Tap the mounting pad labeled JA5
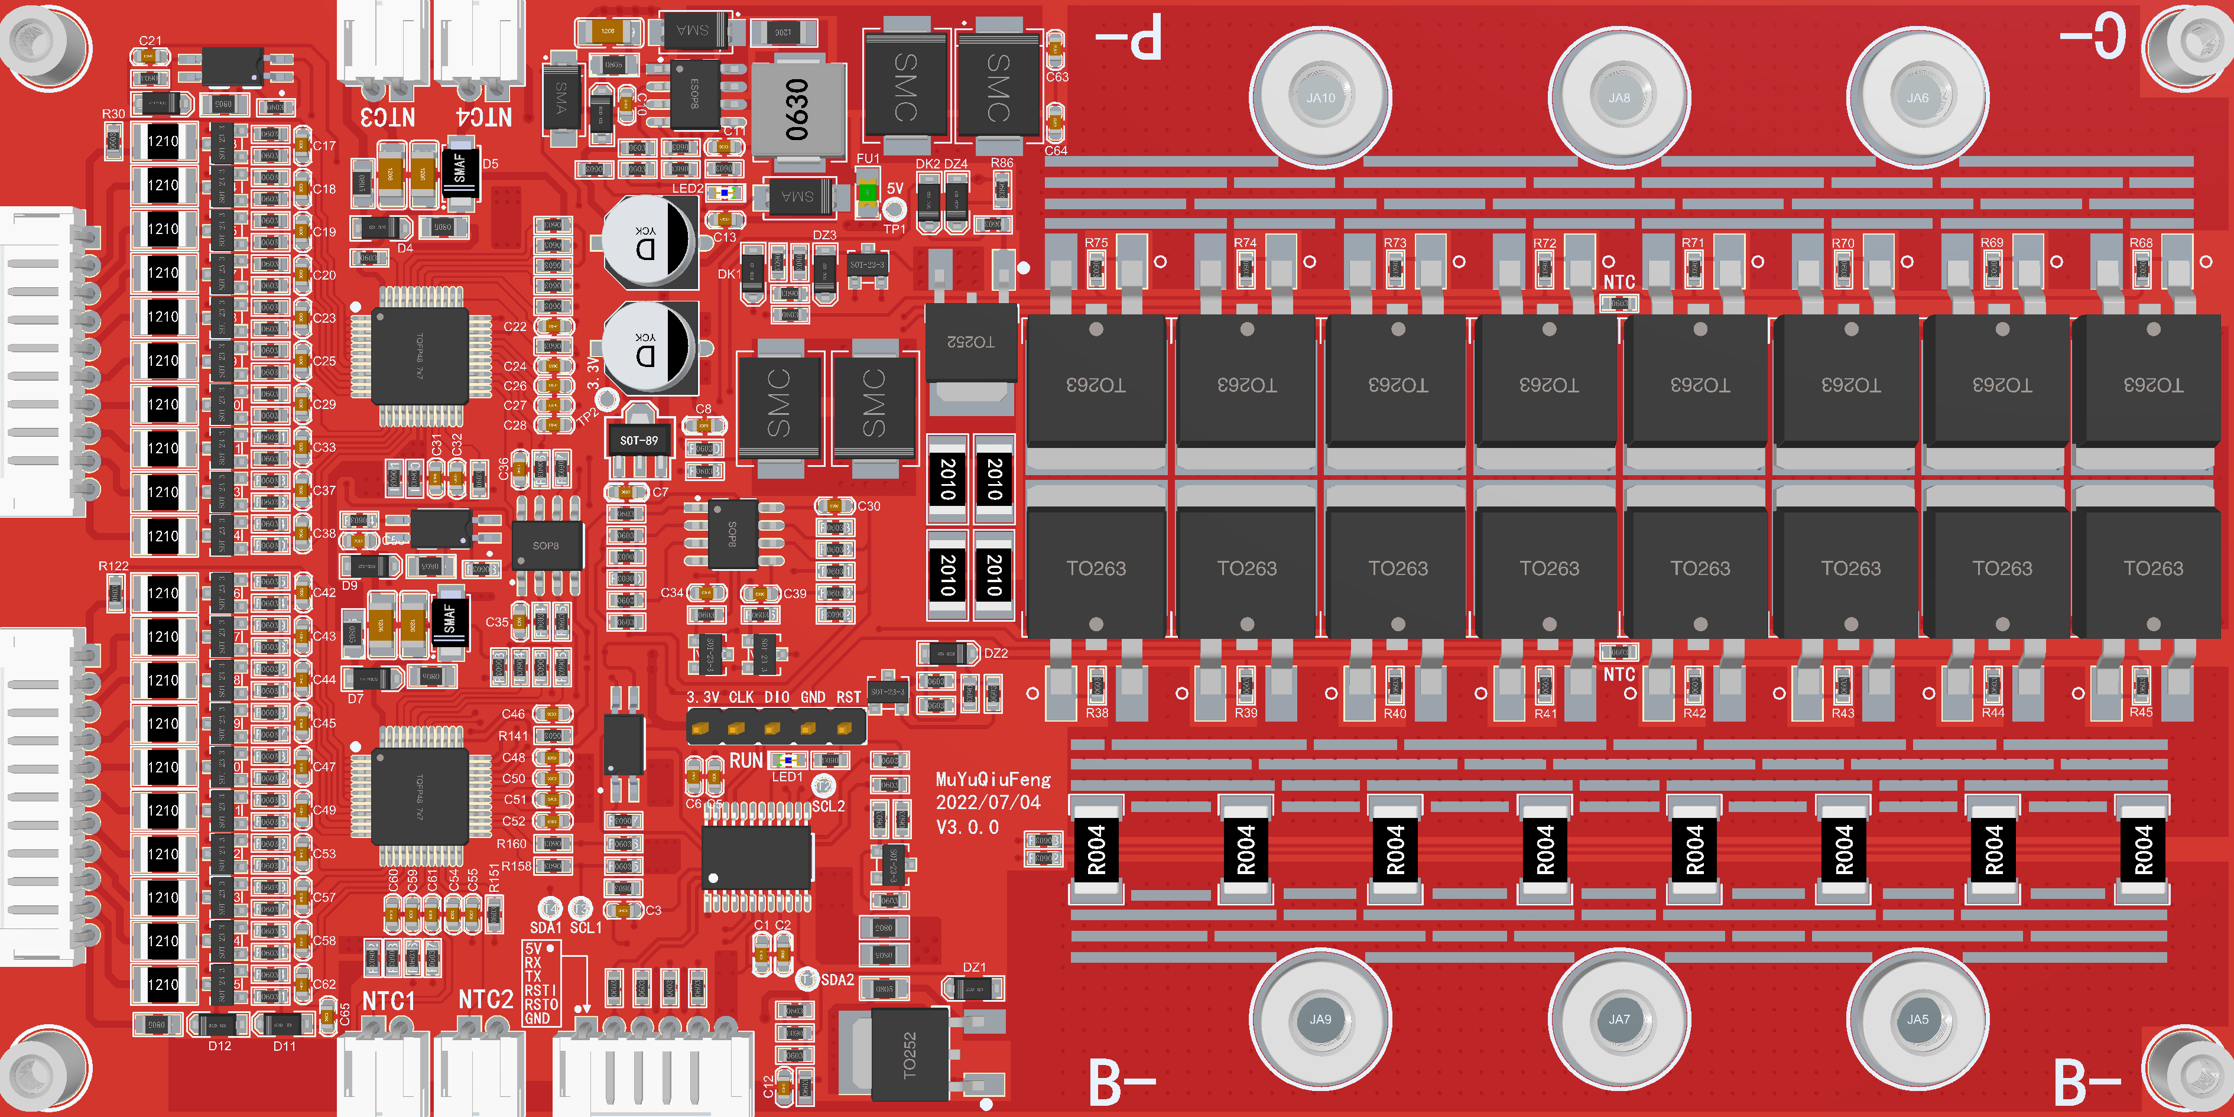pyautogui.click(x=1917, y=1019)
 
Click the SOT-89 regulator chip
pyautogui.click(x=638, y=440)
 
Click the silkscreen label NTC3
pyautogui.click(x=388, y=117)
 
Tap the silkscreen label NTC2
pyautogui.click(x=486, y=1000)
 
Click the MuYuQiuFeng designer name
pyautogui.click(x=993, y=780)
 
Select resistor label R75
pyautogui.click(x=1096, y=243)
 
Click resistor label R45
pyautogui.click(x=2141, y=712)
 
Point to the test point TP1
pyautogui.click(x=894, y=210)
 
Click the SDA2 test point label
pyautogui.click(x=837, y=979)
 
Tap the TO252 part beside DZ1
pyautogui.click(x=908, y=1054)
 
